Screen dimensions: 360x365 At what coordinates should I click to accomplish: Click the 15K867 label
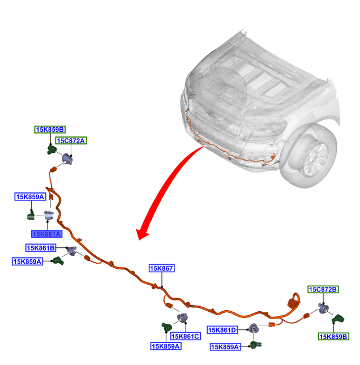coord(162,268)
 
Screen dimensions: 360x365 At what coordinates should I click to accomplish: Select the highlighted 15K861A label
coord(47,234)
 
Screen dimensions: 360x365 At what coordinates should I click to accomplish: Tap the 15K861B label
coord(41,248)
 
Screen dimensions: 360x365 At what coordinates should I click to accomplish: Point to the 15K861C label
coord(185,336)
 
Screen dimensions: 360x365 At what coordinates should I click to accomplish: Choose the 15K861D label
coord(222,330)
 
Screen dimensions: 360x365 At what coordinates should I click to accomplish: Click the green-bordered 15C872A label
coord(71,140)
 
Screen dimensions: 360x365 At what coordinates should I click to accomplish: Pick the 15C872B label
coord(323,289)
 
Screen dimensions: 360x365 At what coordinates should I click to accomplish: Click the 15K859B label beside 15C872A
coord(50,130)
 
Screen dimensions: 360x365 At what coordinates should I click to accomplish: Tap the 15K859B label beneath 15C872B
coord(333,337)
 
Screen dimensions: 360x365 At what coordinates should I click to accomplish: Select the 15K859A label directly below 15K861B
coord(28,261)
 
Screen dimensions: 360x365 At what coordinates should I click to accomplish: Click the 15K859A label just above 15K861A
coord(30,197)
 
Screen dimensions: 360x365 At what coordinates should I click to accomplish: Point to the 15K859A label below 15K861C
coord(166,346)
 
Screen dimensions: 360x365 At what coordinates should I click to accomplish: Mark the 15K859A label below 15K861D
coord(225,347)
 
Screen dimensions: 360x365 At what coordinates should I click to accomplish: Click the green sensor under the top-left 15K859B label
coord(52,149)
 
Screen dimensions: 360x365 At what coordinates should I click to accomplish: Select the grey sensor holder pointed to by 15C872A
coord(67,159)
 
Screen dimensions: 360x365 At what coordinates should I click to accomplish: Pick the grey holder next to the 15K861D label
coord(254,328)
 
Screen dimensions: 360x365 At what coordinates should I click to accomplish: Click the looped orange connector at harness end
coord(294,300)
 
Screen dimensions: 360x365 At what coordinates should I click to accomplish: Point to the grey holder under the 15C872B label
coord(323,308)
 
